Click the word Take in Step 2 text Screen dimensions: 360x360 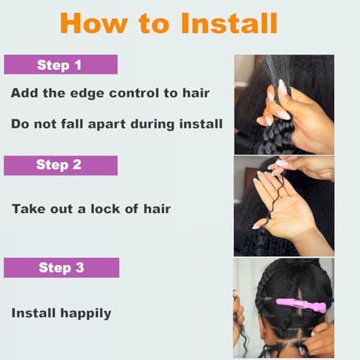click(x=27, y=209)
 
